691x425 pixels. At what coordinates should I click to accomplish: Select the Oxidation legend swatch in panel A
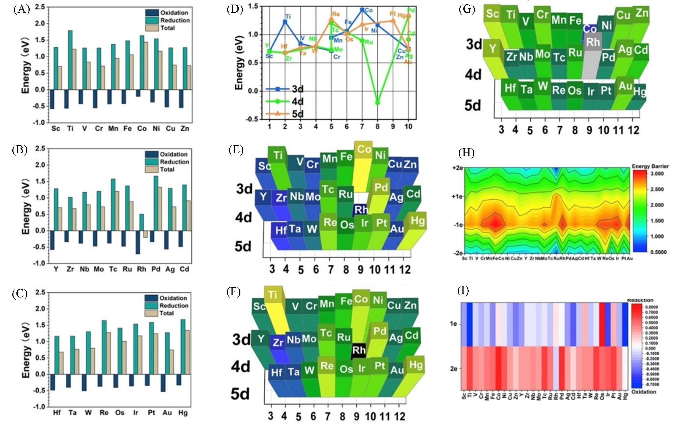pos(152,13)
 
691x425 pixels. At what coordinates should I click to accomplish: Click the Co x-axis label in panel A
pos(142,129)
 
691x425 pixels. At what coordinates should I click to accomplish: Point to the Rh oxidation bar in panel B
pos(138,242)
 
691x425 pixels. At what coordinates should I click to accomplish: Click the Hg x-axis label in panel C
pos(183,413)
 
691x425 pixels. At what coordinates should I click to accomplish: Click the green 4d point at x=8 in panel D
pos(377,102)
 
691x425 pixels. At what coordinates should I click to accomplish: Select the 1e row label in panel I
pos(453,324)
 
